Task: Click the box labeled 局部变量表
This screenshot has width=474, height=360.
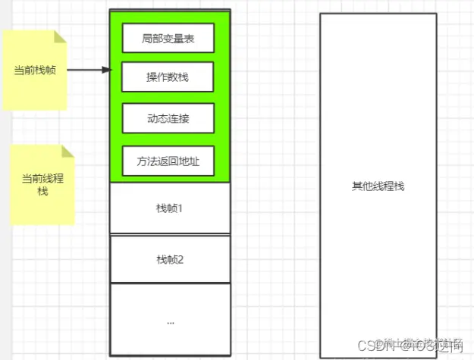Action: [168, 39]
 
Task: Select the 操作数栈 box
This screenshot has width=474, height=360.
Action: [168, 78]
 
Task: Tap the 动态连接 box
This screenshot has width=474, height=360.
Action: [168, 118]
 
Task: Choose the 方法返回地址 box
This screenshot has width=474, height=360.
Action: [168, 161]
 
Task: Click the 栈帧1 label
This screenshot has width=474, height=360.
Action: [169, 208]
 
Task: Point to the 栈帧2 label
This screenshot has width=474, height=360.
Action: [169, 259]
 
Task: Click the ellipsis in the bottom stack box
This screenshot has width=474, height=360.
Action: [169, 321]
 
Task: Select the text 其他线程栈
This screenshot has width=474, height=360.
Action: [378, 186]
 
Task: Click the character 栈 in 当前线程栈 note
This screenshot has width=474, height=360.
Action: [43, 192]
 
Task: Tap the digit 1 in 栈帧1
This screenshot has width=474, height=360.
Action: [181, 208]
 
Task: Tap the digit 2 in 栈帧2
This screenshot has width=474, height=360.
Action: [181, 259]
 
